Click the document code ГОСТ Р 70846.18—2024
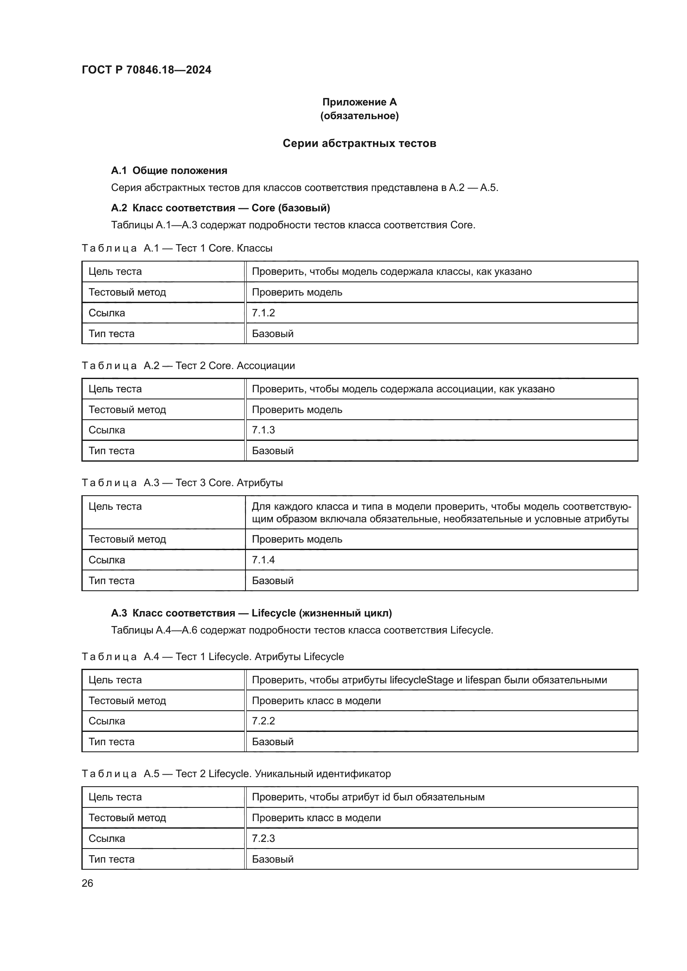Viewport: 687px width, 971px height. [146, 70]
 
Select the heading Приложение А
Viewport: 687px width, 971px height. [359, 102]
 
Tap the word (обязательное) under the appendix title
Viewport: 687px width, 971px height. [359, 116]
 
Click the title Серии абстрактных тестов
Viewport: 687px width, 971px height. [359, 143]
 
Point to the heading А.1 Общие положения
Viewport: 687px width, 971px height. [169, 171]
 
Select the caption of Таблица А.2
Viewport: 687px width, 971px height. [188, 366]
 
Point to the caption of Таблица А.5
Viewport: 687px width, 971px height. [236, 774]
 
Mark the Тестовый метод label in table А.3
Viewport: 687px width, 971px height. [127, 539]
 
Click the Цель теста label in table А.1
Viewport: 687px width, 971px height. [115, 271]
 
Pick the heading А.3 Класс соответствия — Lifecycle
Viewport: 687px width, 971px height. [251, 613]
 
